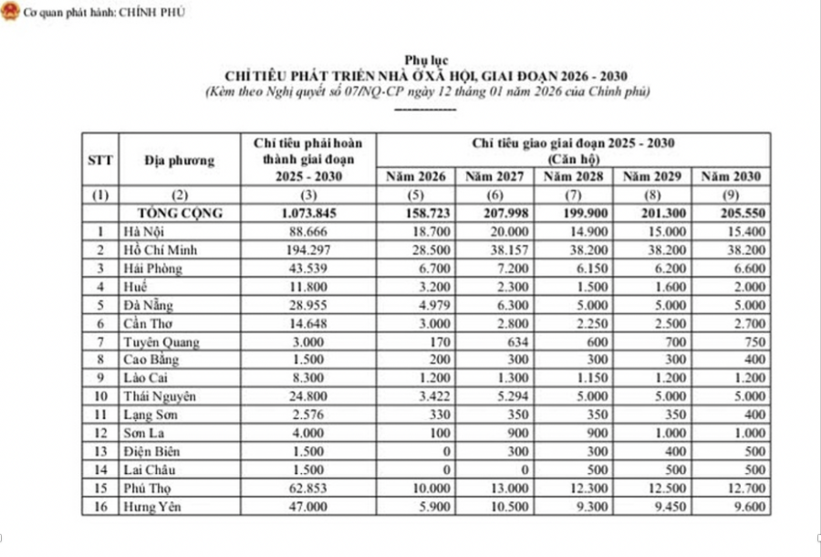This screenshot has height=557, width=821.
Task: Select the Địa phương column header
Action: coord(179,160)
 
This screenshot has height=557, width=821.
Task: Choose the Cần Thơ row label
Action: coord(148,324)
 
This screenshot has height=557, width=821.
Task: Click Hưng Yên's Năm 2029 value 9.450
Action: coord(657,509)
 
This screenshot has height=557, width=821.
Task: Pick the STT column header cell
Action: coord(100,160)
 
